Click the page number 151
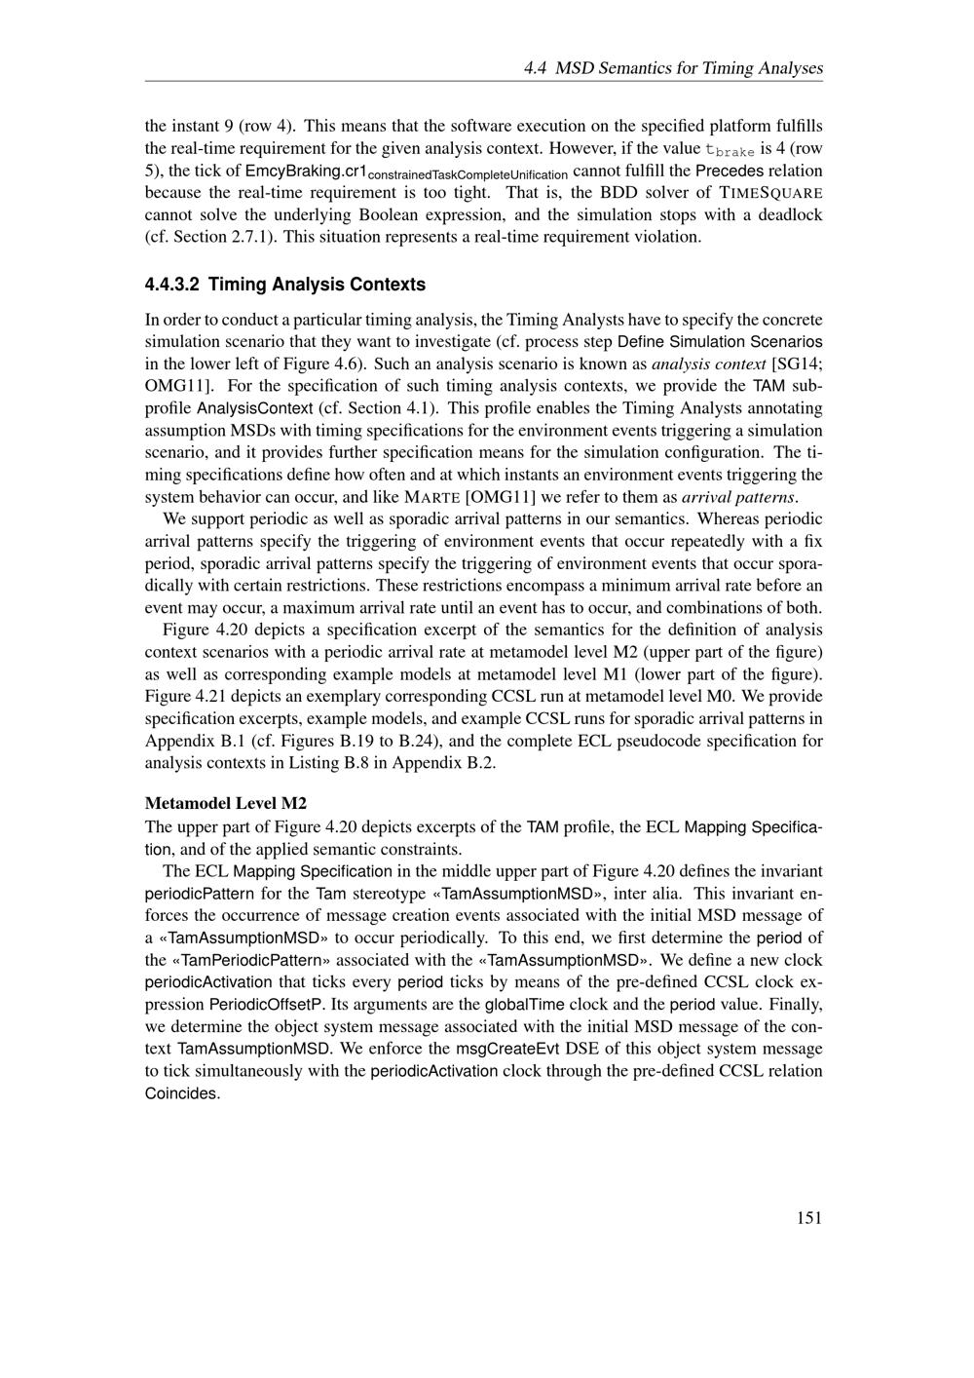[x=808, y=1217]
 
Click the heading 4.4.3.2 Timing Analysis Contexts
[x=285, y=285]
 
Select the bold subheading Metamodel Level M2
[x=226, y=803]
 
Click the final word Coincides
[x=181, y=1093]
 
